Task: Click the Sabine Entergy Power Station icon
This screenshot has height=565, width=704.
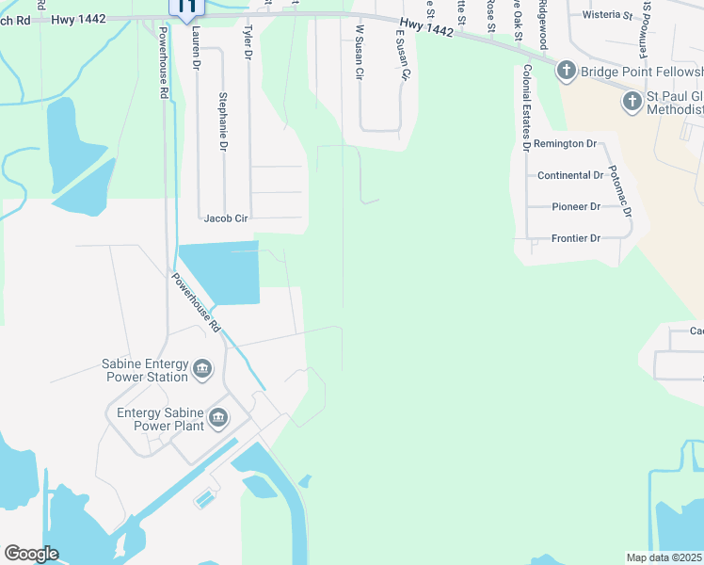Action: tap(201, 370)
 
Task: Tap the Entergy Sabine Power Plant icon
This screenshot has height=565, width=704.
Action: tap(218, 417)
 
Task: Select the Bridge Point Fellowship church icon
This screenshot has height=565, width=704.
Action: tap(566, 70)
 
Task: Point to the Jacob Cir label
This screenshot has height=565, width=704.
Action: tap(226, 218)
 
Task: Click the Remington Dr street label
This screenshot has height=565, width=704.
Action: tap(565, 144)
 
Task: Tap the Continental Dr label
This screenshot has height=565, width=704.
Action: tap(569, 176)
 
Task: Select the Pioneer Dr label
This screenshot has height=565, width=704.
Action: tap(575, 206)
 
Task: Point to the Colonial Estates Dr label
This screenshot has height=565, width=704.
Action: tap(526, 107)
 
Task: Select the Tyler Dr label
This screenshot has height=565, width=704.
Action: tap(248, 42)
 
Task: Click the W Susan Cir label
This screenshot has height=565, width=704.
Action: tap(359, 53)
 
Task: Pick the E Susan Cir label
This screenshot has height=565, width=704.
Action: tap(402, 55)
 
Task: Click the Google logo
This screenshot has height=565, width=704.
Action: tap(31, 554)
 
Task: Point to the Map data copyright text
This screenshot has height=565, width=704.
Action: tap(664, 557)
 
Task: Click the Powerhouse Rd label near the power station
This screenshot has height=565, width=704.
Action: tap(196, 302)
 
